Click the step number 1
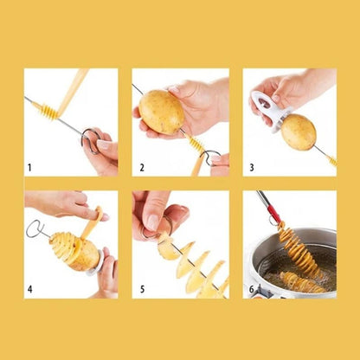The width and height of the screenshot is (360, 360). pos(30,167)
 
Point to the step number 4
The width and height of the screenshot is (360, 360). pos(30,289)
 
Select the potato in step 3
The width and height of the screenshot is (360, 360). pos(299,132)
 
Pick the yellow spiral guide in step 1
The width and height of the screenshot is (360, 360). pos(50,112)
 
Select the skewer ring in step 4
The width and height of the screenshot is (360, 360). pos(34,228)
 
